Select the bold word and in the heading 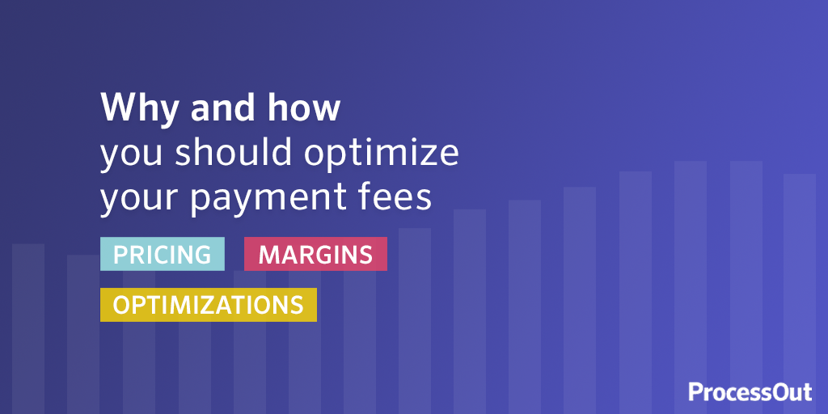click(x=218, y=108)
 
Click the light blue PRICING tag click(x=162, y=254)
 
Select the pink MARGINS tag click(x=315, y=254)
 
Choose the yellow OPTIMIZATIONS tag click(x=209, y=305)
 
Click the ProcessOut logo click(x=750, y=392)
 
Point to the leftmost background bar click(x=28, y=328)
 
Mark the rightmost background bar click(x=800, y=294)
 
